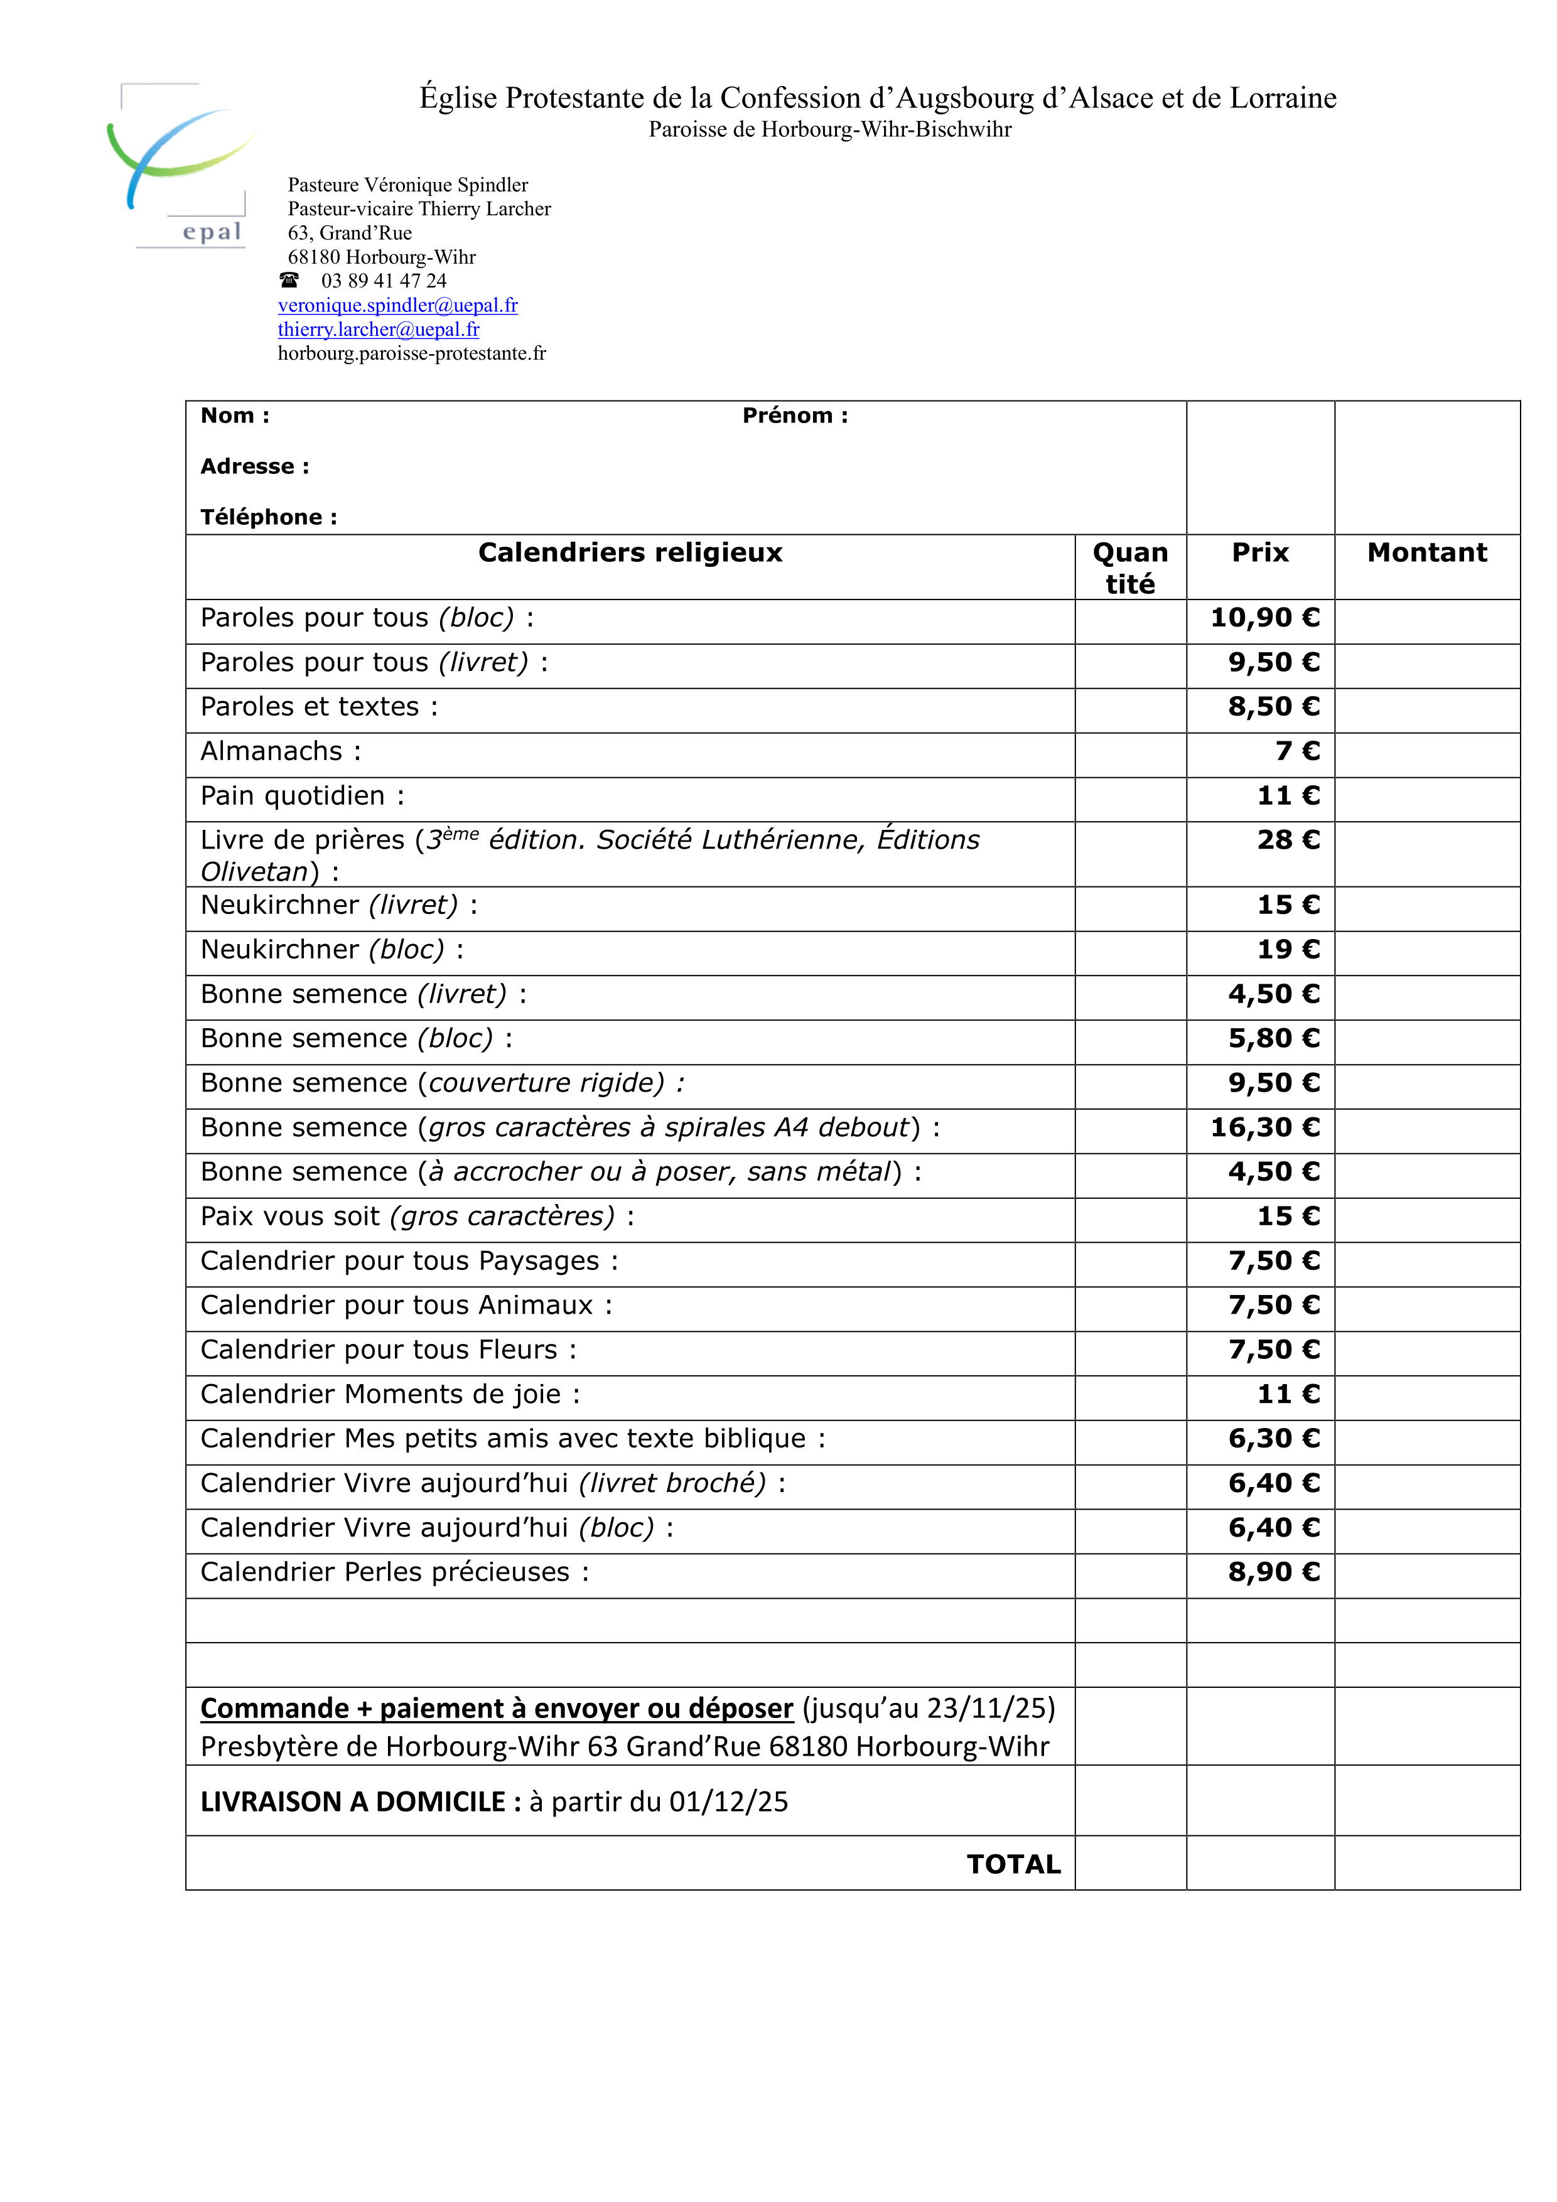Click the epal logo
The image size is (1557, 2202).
180,165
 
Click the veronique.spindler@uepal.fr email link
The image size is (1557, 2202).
397,305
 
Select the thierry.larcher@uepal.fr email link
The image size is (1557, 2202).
378,329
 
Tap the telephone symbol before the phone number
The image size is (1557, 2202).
289,280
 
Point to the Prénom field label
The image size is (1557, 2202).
794,416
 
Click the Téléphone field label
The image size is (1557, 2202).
269,517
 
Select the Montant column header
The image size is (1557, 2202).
1426,552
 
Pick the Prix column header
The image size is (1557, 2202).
1259,552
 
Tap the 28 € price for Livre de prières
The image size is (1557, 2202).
1288,840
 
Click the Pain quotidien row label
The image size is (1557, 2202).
302,796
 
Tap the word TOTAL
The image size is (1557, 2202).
1013,1864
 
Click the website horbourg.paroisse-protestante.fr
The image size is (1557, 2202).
412,353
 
